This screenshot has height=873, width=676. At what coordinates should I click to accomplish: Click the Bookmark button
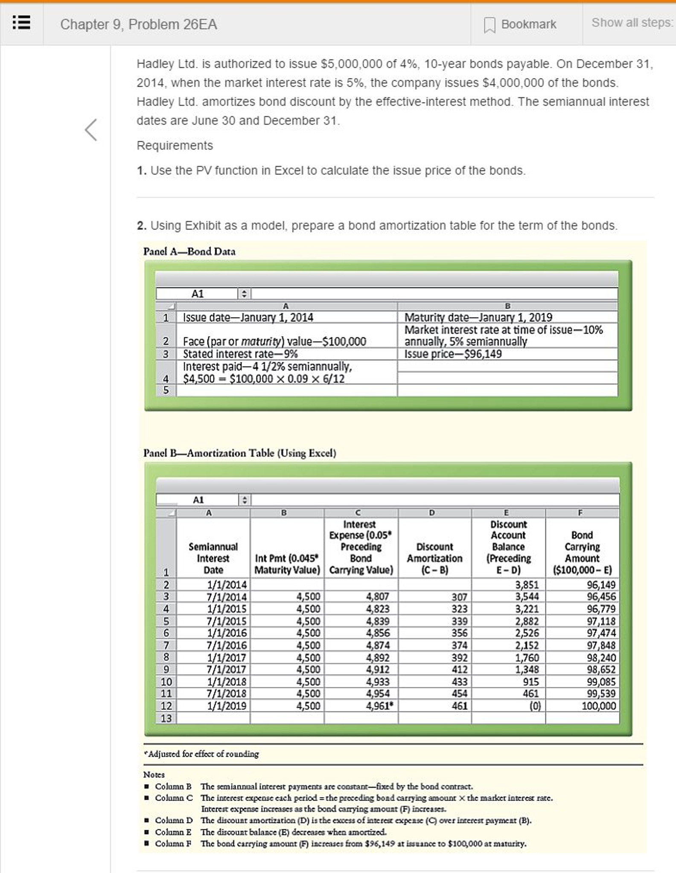pyautogui.click(x=520, y=24)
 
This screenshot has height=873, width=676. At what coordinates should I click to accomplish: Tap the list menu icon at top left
pyautogui.click(x=21, y=23)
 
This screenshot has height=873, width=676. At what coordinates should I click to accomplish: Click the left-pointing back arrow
pyautogui.click(x=91, y=129)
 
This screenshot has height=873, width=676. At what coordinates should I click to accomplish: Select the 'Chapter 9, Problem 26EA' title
pyautogui.click(x=138, y=24)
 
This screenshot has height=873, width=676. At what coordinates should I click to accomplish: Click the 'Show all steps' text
pyautogui.click(x=631, y=23)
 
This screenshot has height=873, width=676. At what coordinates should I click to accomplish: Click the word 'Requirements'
pyautogui.click(x=175, y=145)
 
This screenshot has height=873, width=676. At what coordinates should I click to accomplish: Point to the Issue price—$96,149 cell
pyautogui.click(x=453, y=354)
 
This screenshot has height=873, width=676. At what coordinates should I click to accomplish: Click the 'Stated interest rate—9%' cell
pyautogui.click(x=240, y=354)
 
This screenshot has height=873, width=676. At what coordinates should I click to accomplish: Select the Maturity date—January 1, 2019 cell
pyautogui.click(x=478, y=317)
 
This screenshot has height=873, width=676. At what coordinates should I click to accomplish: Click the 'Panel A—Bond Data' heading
pyautogui.click(x=189, y=251)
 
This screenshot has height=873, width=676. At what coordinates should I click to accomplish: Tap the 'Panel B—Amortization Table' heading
pyautogui.click(x=239, y=453)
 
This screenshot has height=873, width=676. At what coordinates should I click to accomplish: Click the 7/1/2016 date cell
pyautogui.click(x=227, y=645)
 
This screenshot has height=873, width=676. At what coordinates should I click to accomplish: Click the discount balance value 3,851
pyautogui.click(x=527, y=585)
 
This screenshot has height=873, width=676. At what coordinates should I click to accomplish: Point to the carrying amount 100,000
pyautogui.click(x=598, y=706)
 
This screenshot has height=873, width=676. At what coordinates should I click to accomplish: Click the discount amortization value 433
pyautogui.click(x=460, y=681)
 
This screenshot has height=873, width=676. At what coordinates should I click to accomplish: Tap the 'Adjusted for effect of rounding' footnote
pyautogui.click(x=201, y=754)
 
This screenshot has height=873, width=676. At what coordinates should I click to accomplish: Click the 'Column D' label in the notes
pyautogui.click(x=174, y=820)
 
